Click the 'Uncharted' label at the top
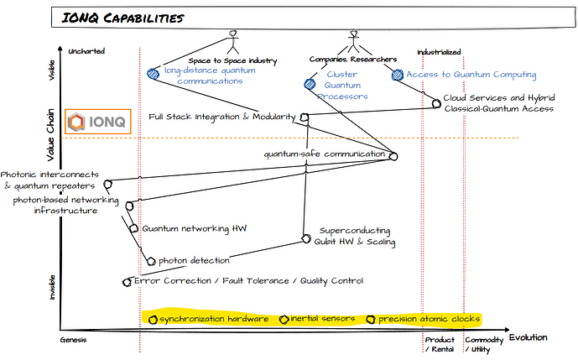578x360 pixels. [88, 51]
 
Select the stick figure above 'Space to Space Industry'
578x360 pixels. [232, 42]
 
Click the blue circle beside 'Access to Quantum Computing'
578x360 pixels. [398, 75]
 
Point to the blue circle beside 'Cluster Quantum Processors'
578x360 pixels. [307, 83]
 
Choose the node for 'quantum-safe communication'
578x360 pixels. [393, 156]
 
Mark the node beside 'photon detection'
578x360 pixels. [151, 260]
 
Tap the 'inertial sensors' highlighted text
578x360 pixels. [322, 319]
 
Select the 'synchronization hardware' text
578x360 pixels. [214, 319]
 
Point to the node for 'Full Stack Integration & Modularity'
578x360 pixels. [305, 117]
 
